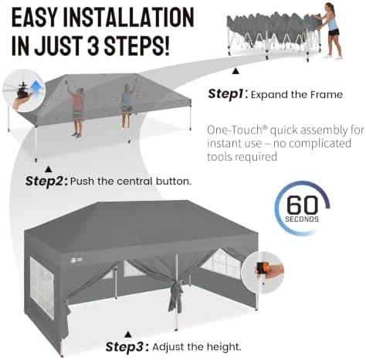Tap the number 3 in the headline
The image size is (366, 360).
(x=94, y=46)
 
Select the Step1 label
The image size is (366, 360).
(x=225, y=94)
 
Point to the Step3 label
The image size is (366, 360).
(x=125, y=347)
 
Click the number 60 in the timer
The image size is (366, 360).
(x=302, y=205)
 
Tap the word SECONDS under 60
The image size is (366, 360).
(x=302, y=219)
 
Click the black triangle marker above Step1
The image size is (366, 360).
(x=236, y=71)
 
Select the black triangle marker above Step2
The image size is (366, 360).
(x=49, y=169)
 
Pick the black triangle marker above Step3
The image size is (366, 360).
(x=128, y=335)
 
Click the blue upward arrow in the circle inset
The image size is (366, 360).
(x=36, y=87)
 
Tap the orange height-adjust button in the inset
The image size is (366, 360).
(x=262, y=270)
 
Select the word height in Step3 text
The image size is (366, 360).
(x=225, y=347)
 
